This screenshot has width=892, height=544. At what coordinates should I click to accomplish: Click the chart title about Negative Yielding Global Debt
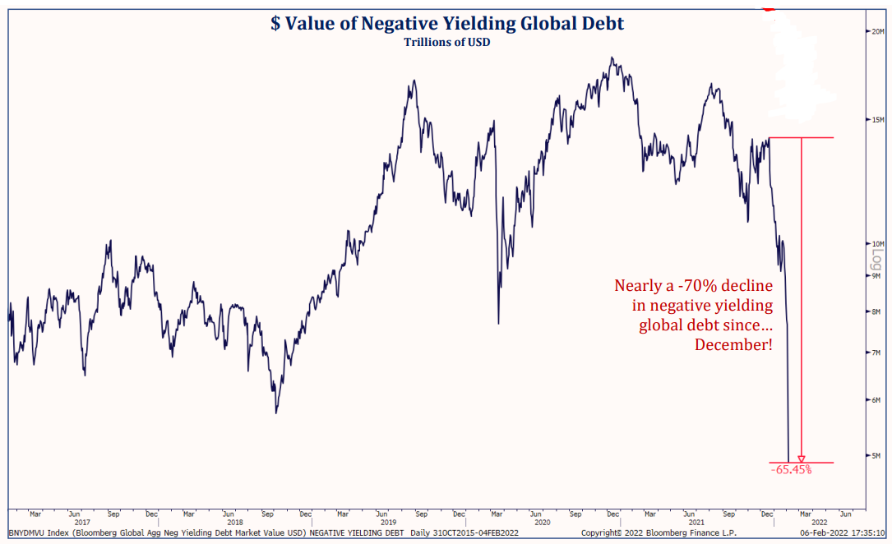point(447,23)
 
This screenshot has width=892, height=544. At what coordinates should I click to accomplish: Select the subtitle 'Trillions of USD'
point(447,42)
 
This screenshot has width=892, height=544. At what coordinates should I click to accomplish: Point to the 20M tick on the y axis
point(876,31)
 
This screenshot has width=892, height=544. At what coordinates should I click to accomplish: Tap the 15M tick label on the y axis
point(876,120)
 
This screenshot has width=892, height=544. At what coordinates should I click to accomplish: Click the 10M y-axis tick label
point(876,244)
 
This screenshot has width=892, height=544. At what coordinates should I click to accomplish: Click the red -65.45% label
point(791,470)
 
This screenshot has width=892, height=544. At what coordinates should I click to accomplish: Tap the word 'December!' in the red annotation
point(733,345)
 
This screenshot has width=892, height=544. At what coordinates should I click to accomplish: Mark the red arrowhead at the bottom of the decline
point(802,459)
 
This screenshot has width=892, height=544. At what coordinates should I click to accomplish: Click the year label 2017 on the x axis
point(82,523)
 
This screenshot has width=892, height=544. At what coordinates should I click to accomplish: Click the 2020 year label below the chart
point(542,523)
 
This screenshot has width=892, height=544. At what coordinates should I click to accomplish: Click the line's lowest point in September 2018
point(276,413)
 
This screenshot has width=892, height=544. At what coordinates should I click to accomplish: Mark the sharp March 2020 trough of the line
point(498,323)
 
